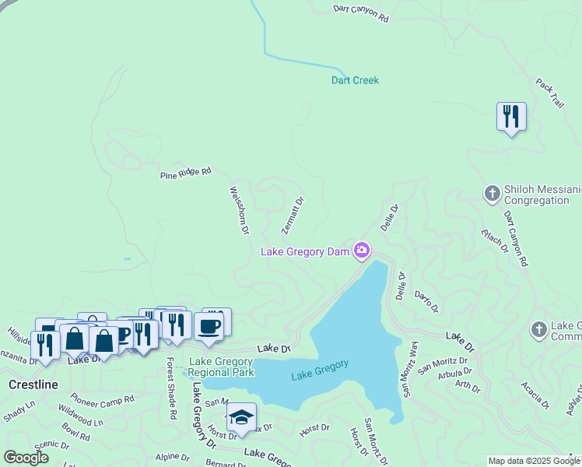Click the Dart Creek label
click(355, 80)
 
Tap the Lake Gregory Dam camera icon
click(361, 250)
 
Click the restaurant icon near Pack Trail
click(511, 117)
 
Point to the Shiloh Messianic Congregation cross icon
click(492, 192)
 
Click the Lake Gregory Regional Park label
click(221, 367)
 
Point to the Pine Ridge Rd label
click(185, 173)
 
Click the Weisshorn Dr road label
click(239, 210)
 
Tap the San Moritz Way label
click(408, 369)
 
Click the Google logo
click(26, 458)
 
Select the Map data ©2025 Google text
click(533, 461)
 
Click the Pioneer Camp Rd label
click(102, 398)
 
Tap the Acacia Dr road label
click(536, 395)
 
